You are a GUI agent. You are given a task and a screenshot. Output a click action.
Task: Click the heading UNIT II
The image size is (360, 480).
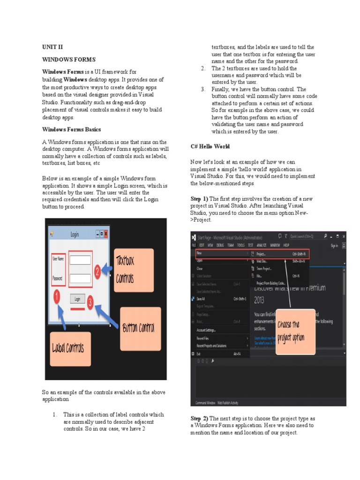pyautogui.click(x=52, y=47)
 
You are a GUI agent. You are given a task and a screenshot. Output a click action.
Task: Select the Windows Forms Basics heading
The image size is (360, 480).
pyautogui.click(x=71, y=129)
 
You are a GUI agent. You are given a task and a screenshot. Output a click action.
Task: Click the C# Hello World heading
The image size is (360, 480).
pyautogui.click(x=210, y=147)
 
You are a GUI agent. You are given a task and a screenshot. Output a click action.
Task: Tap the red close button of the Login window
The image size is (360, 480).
pyautogui.click(x=106, y=234)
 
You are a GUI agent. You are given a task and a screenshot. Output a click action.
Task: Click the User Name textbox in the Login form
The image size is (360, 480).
pyautogui.click(x=80, y=260)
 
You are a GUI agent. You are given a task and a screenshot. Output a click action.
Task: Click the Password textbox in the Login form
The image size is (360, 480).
pyautogui.click(x=80, y=278)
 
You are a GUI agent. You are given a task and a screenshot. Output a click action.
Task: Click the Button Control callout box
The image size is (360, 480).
pyautogui.click(x=140, y=329)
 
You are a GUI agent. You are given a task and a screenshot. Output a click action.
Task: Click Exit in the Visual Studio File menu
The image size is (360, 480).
pyautogui.click(x=199, y=353)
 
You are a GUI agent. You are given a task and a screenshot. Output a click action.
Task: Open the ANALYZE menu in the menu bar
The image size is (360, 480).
pyautogui.click(x=262, y=245)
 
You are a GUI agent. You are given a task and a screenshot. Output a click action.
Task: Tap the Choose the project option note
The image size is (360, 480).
pyautogui.click(x=295, y=331)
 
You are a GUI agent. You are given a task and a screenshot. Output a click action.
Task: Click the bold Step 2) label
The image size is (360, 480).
pyautogui.click(x=199, y=418)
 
